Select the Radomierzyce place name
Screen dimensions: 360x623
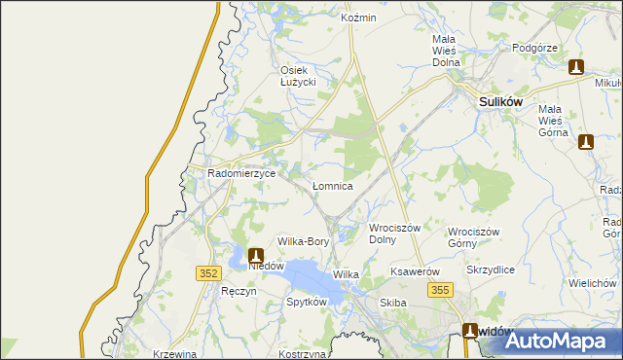pyautogui.click(x=242, y=173)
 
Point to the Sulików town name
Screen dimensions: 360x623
pyautogui.click(x=499, y=100)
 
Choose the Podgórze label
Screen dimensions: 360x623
pyautogui.click(x=533, y=48)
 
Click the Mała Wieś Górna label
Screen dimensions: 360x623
pyautogui.click(x=558, y=121)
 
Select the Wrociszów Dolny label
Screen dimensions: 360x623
pyautogui.click(x=394, y=234)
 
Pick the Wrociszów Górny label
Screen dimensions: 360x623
pyautogui.click(x=473, y=237)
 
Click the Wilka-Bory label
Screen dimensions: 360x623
pyautogui.click(x=304, y=241)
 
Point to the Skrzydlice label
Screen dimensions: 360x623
pyautogui.click(x=491, y=270)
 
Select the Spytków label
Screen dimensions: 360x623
pyautogui.click(x=306, y=302)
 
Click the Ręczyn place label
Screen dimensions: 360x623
pyautogui.click(x=238, y=292)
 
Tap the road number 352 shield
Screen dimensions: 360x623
pyautogui.click(x=206, y=274)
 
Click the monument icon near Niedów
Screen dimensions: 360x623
pyautogui.click(x=256, y=255)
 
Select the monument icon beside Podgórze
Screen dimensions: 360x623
pyautogui.click(x=575, y=67)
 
